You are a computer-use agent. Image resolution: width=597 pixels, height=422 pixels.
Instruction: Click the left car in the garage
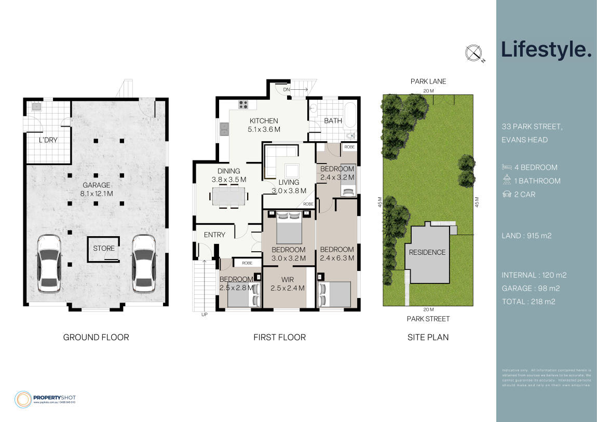pos(49,263)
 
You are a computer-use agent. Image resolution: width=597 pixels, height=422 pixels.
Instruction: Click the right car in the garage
pos(143,263)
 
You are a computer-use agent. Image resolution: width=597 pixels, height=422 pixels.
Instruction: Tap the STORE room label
pos(104,248)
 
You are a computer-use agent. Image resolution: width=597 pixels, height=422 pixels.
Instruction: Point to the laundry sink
pos(36,107)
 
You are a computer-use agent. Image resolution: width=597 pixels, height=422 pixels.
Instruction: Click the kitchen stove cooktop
pos(243,104)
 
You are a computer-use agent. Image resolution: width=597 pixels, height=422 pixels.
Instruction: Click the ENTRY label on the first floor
pos(214,235)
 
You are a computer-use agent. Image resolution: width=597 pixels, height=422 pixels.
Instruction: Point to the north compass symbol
pos(473,53)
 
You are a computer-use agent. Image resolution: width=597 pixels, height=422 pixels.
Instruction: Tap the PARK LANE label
pos(428,81)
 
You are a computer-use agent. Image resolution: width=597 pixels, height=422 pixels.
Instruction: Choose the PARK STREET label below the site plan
pos(428,319)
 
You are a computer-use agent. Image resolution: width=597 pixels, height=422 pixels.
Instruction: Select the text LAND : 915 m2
pos(526,236)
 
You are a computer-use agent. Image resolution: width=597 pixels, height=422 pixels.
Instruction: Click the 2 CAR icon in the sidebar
pos(507,195)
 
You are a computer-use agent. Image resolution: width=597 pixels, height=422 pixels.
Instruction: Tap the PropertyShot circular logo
pos(23,399)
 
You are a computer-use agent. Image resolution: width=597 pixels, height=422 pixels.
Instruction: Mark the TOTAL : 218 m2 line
pos(528,302)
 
